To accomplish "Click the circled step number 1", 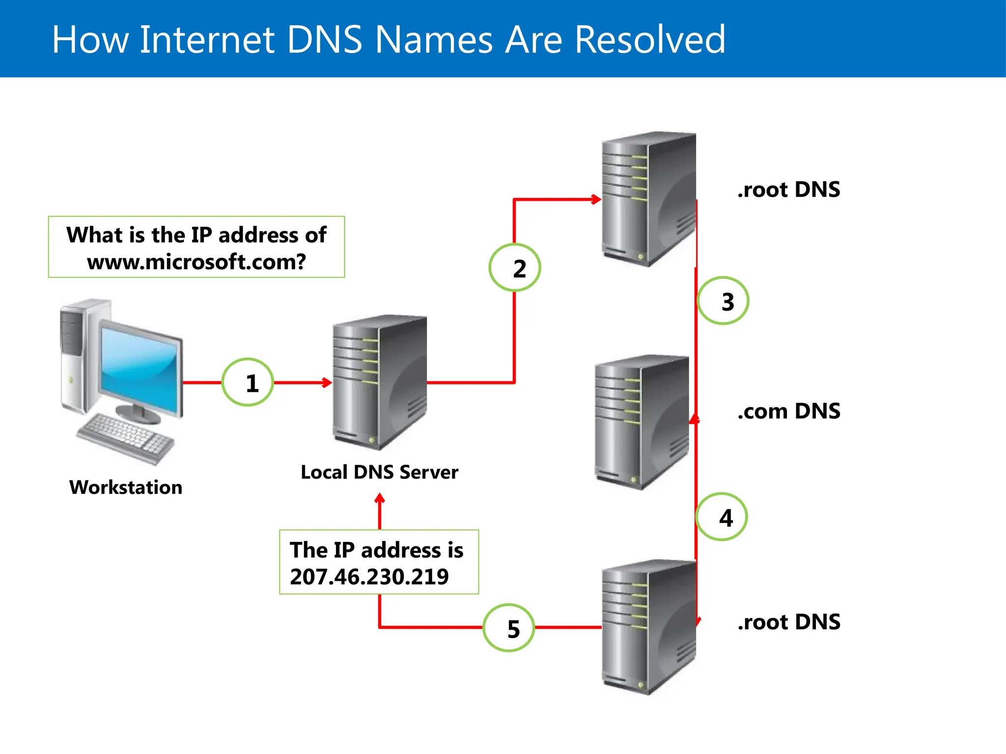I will (x=248, y=382).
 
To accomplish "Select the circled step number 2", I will (x=515, y=268).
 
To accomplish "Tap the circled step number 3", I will (x=724, y=301).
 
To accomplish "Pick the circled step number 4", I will (x=722, y=517).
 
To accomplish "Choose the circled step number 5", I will (x=509, y=628).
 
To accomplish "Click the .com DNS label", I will (x=788, y=411).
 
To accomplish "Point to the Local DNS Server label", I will (x=379, y=472).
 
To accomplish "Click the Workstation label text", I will (x=126, y=487).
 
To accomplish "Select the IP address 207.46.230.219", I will (x=369, y=577).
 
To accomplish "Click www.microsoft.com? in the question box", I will (x=196, y=262).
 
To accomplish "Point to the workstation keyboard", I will (x=126, y=437).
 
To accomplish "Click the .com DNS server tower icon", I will (x=641, y=422).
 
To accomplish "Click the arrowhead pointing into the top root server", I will (x=596, y=199).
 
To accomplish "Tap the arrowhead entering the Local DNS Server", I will (x=327, y=382).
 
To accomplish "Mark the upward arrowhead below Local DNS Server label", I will (x=380, y=499).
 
